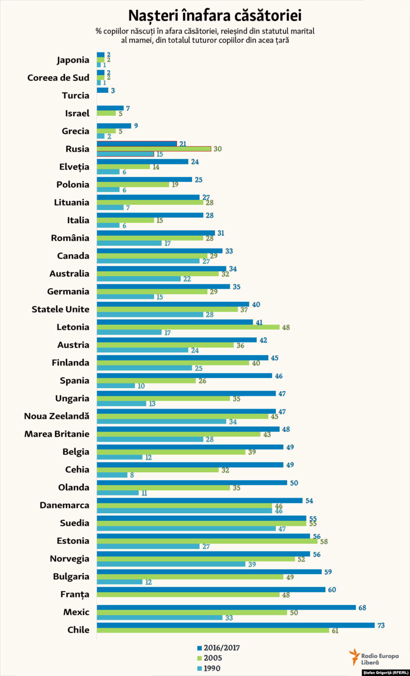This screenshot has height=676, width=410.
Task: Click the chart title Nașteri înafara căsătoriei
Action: pos(215,16)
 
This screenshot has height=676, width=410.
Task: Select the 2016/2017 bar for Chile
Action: pos(235,625)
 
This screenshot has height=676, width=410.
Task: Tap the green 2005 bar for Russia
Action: pos(154,149)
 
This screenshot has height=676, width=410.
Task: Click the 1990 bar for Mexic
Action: pos(159,618)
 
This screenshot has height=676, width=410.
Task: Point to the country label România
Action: pos(70,238)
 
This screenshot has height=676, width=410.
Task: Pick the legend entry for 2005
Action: pos(209,658)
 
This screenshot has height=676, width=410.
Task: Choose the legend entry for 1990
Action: pos(209,668)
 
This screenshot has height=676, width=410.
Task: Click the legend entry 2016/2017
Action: pos(218,648)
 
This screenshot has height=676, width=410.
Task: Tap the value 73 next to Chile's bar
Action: pos(381,625)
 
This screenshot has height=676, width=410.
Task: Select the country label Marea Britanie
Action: pos(57,434)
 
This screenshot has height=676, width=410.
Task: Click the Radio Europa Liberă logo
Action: pos(374,657)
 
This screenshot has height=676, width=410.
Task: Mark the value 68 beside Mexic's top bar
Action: pos(362,608)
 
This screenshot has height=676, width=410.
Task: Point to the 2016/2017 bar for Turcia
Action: pos(102,90)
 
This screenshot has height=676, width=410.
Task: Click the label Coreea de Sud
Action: pos(58,78)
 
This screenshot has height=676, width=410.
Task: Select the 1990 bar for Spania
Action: pos(116,386)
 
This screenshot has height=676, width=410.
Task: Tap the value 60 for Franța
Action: pos(332,590)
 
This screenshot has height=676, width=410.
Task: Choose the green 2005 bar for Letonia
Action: pos(188,327)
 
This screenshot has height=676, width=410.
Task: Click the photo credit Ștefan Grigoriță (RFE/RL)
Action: pos(386,673)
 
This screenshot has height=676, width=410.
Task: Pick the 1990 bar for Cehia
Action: pos(112,475)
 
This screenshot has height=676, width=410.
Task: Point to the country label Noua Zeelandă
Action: pos(56,416)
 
